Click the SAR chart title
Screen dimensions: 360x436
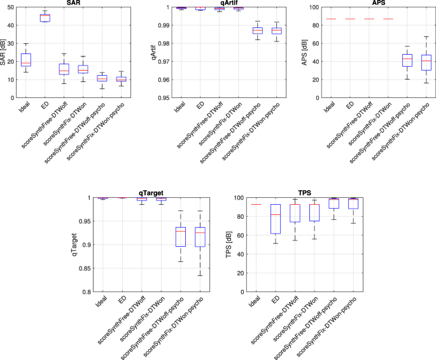click(74, 4)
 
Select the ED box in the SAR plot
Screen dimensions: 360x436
click(45, 18)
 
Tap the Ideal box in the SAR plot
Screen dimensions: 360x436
click(26, 60)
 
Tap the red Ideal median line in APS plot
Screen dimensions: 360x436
click(331, 19)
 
